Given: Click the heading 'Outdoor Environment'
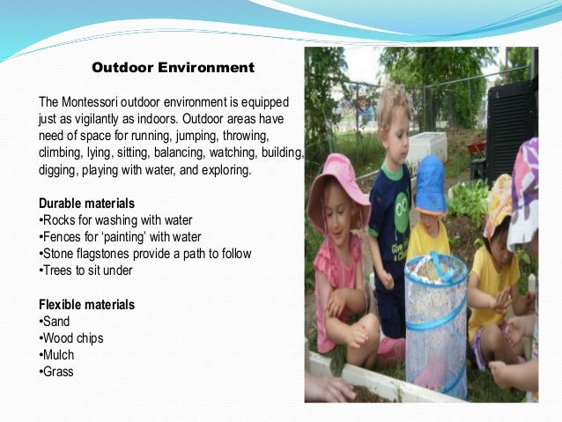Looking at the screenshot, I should coord(174,68).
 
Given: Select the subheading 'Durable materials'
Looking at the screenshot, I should coord(87,204).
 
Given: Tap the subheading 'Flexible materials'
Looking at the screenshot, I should coord(87,305).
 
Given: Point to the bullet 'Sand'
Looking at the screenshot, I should coord(56,322).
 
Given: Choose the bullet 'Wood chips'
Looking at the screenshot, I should coord(71,338).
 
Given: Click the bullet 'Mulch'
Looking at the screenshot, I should coord(58,355).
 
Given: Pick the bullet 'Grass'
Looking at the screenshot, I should coord(58,372).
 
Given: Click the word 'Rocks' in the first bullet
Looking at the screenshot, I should coord(60,220).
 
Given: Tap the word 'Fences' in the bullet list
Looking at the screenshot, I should coord(63,237).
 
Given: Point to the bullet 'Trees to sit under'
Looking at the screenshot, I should coord(86,270).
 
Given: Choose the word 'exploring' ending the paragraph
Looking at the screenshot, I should coord(222,170).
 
